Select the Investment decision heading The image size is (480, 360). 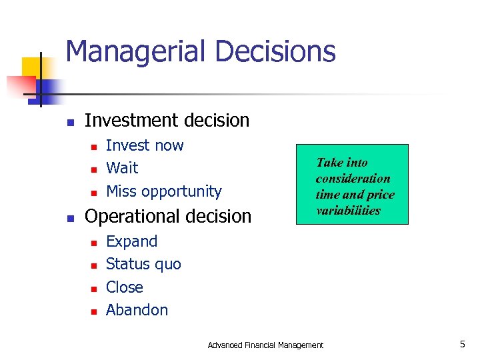167,121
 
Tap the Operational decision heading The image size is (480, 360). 168,217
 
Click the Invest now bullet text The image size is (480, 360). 145,145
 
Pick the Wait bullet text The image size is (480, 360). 122,168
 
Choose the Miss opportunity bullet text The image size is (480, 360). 163,191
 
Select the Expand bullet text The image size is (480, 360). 131,241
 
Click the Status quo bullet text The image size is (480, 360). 143,265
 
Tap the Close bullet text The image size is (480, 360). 124,287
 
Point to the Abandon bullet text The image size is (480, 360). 137,310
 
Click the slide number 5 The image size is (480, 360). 462,344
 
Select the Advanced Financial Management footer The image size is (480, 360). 265,345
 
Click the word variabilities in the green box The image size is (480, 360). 348,211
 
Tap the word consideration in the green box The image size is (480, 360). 353,179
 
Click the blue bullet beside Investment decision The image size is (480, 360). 70,122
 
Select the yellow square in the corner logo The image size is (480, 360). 32,67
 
